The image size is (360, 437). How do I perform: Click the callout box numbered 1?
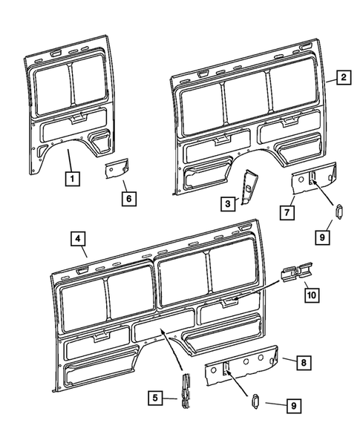pos(71,178)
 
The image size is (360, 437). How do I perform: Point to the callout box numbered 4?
pos(79,239)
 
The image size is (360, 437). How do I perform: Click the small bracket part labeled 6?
pos(117,168)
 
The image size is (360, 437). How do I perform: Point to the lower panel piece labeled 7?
pos(312,181)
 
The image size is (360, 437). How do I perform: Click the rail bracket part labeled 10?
pos(295,273)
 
